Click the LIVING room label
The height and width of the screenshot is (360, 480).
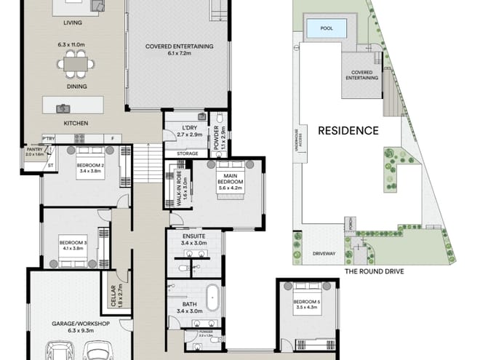tap(72, 23)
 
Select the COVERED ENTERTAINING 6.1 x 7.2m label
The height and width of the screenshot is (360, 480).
tap(179, 50)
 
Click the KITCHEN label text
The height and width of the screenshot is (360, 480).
tap(76, 124)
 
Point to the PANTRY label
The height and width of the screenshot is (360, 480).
tap(35, 151)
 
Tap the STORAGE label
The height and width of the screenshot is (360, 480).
tap(187, 153)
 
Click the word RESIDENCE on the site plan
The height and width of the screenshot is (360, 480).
tap(348, 131)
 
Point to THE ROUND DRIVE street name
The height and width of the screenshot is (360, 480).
tap(375, 271)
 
